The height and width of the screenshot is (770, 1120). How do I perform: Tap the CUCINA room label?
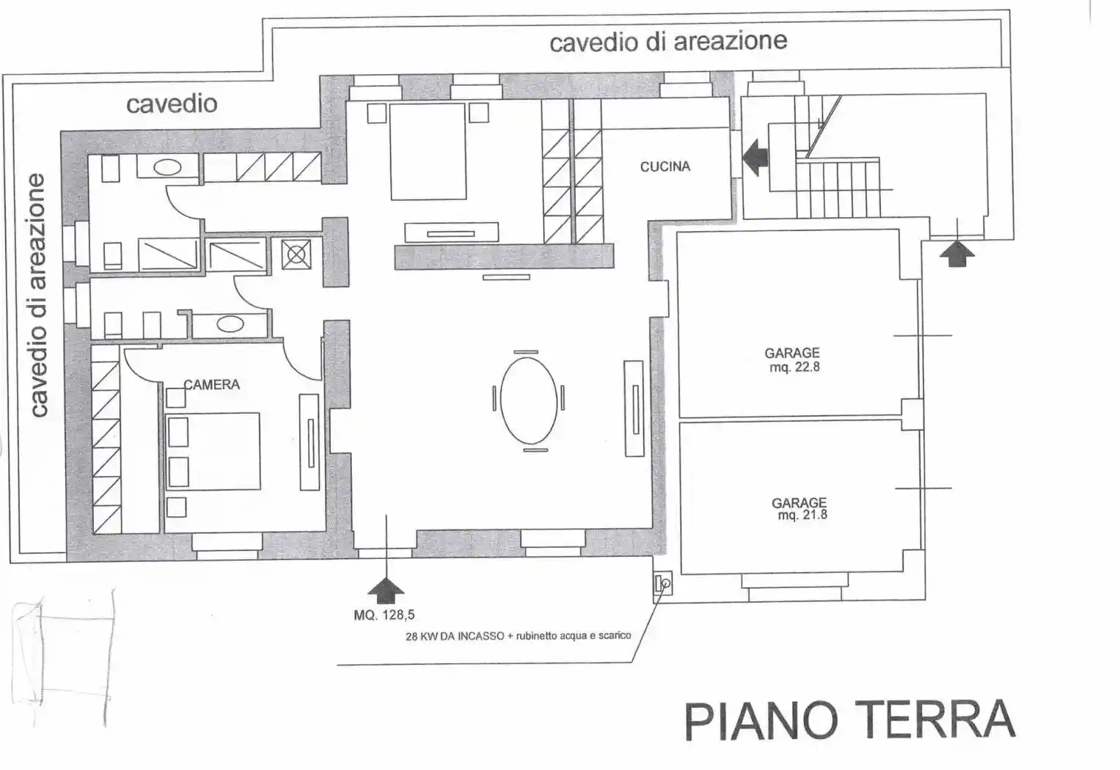pyautogui.click(x=665, y=166)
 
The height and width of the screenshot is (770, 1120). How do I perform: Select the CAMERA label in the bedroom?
pyautogui.click(x=212, y=384)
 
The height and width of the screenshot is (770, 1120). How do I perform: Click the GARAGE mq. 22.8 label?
pyautogui.click(x=792, y=360)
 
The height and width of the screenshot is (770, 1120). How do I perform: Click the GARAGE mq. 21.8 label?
pyautogui.click(x=799, y=508)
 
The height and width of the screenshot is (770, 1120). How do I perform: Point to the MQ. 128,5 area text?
pyautogui.click(x=389, y=615)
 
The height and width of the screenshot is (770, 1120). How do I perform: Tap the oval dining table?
pyautogui.click(x=528, y=399)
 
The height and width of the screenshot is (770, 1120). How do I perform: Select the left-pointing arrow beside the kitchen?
pyautogui.click(x=755, y=157)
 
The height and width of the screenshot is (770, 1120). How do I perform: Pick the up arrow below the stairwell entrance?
pyautogui.click(x=956, y=254)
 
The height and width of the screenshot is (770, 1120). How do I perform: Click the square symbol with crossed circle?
pyautogui.click(x=296, y=254)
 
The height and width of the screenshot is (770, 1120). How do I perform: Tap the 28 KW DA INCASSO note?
pyautogui.click(x=518, y=636)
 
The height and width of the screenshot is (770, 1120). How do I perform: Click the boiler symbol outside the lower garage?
pyautogui.click(x=662, y=584)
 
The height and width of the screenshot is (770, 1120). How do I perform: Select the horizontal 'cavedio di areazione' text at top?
pyautogui.click(x=668, y=41)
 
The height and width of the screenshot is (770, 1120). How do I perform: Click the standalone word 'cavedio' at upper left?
pyautogui.click(x=172, y=103)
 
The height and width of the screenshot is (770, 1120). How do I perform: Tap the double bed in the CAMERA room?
pyautogui.click(x=213, y=451)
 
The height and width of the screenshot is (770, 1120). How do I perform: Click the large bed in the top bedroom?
pyautogui.click(x=428, y=152)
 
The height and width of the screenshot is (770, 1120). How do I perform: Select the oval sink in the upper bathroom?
pyautogui.click(x=167, y=168)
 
